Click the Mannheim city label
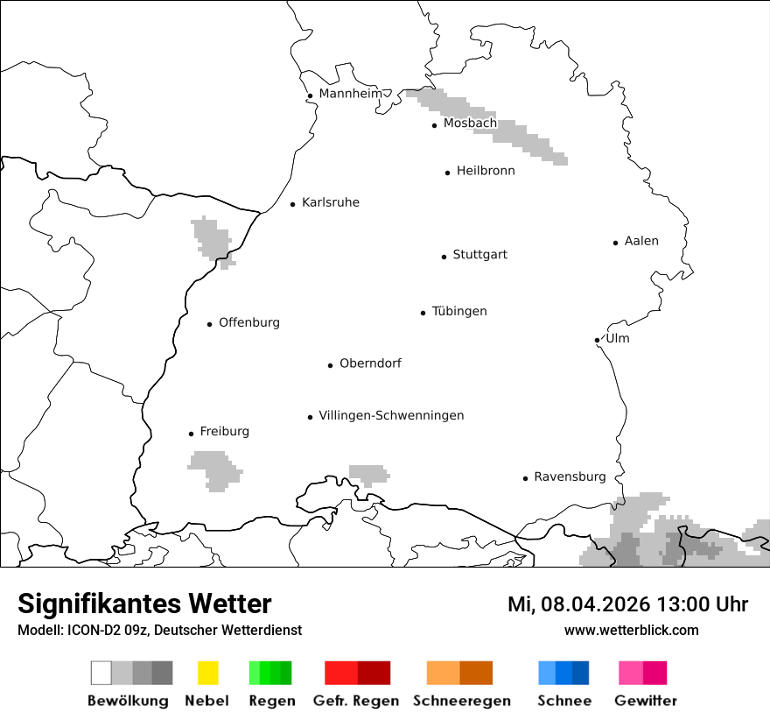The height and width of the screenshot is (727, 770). (350, 94)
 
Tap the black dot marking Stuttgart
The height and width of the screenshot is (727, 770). (444, 257)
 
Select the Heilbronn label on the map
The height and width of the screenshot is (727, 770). (486, 171)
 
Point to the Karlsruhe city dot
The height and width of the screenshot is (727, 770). (293, 204)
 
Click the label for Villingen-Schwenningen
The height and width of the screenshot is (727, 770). (391, 415)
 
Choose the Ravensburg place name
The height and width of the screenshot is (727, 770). (570, 476)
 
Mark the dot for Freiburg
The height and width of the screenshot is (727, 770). (191, 434)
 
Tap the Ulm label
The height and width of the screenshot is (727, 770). (617, 338)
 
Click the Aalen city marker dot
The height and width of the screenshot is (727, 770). (615, 243)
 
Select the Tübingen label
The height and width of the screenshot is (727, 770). (459, 311)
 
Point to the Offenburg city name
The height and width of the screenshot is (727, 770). (249, 322)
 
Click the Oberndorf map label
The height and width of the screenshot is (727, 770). (370, 363)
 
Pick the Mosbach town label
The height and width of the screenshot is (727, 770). (470, 124)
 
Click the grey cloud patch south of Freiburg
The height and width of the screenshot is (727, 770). (214, 469)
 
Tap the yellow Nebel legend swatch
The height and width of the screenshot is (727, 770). (207, 673)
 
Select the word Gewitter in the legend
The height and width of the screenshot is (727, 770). (646, 701)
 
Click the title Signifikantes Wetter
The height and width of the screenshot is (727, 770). (144, 603)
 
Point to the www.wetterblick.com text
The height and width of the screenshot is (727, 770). (631, 630)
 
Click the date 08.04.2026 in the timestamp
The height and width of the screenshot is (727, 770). (595, 604)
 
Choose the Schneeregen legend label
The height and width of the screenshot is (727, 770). (461, 701)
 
